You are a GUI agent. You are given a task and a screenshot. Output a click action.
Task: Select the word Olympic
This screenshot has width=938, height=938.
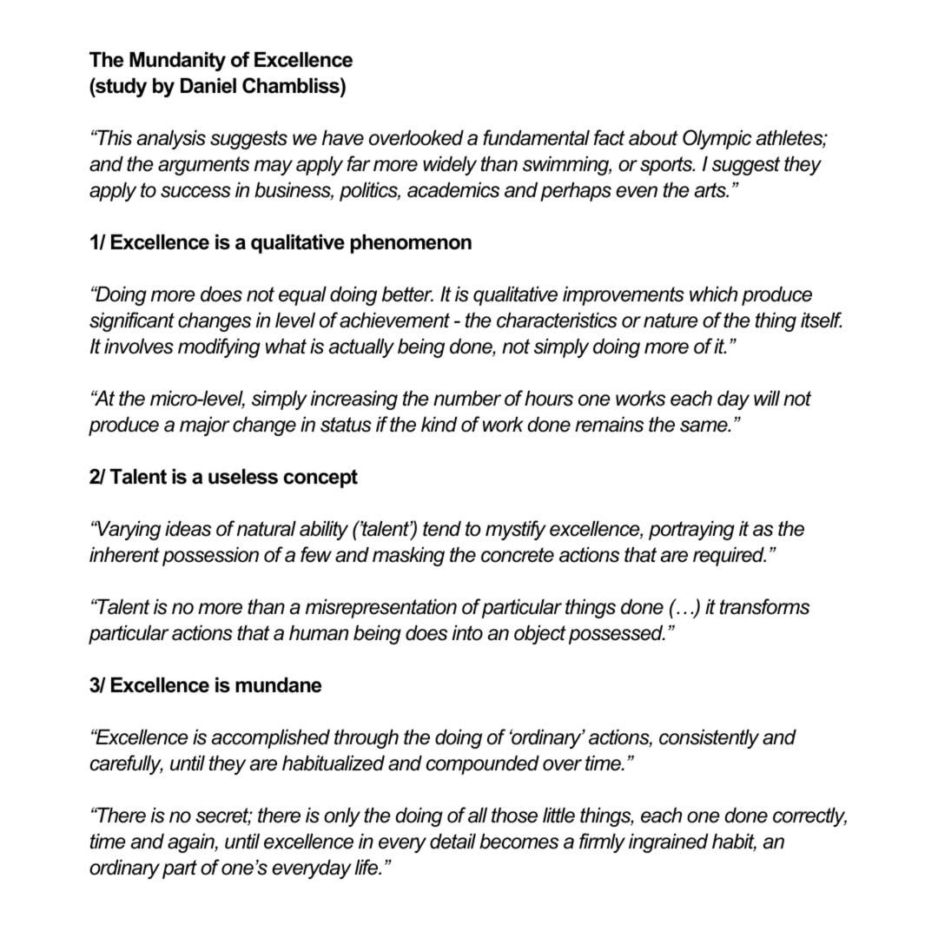(717, 138)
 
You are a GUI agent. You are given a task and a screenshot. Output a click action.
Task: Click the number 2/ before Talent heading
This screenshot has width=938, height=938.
(97, 477)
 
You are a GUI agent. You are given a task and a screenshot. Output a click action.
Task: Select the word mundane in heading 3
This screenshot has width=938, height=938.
(280, 685)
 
